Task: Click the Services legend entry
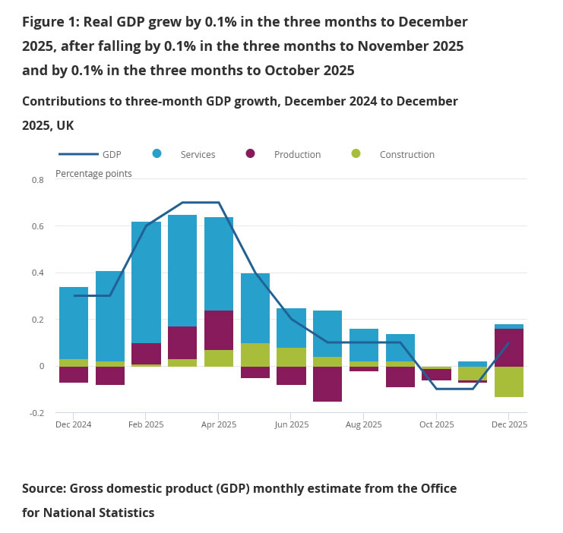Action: (x=198, y=154)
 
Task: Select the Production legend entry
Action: (x=297, y=154)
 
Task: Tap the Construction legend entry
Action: (x=406, y=154)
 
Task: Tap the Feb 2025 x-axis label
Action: (x=146, y=424)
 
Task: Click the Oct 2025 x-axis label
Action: (x=437, y=424)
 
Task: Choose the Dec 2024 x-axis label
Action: (x=74, y=424)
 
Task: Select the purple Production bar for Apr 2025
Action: (x=219, y=330)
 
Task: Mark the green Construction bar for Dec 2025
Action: (x=509, y=382)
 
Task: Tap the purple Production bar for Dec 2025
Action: (x=509, y=348)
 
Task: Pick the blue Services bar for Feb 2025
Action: (x=146, y=282)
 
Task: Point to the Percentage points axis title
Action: (x=93, y=173)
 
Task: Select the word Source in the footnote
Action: (x=45, y=489)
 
